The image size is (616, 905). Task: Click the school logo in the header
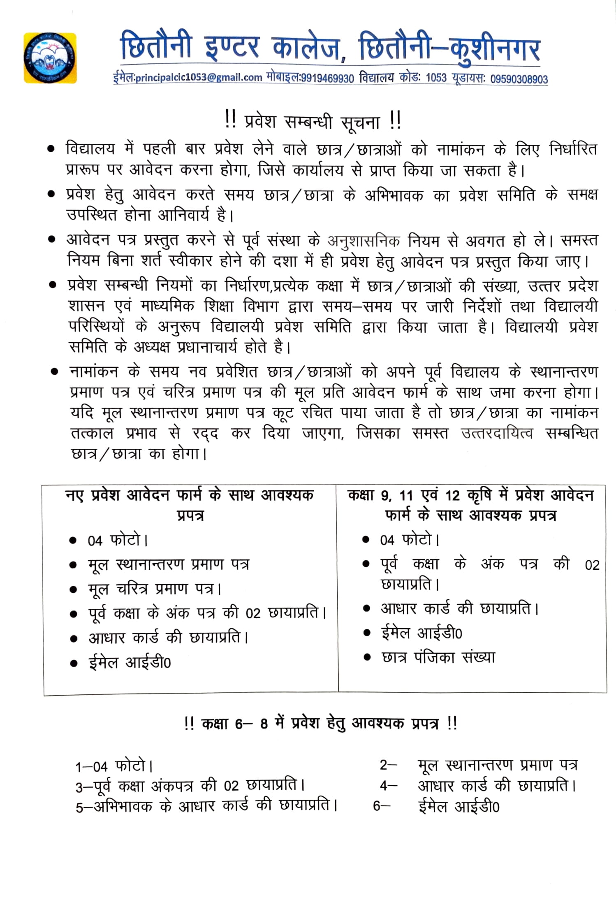point(50,58)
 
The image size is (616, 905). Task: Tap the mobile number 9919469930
point(327,78)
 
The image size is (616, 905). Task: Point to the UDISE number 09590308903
point(519,79)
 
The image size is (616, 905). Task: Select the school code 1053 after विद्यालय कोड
point(436,78)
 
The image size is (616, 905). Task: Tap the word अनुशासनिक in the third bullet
point(364,241)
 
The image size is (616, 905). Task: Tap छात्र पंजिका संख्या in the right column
point(438,657)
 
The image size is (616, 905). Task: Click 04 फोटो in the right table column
point(409,540)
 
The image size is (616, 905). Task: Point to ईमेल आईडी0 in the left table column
point(130,663)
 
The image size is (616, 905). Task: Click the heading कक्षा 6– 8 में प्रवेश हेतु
point(321,723)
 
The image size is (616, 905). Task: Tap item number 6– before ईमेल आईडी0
point(382,806)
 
